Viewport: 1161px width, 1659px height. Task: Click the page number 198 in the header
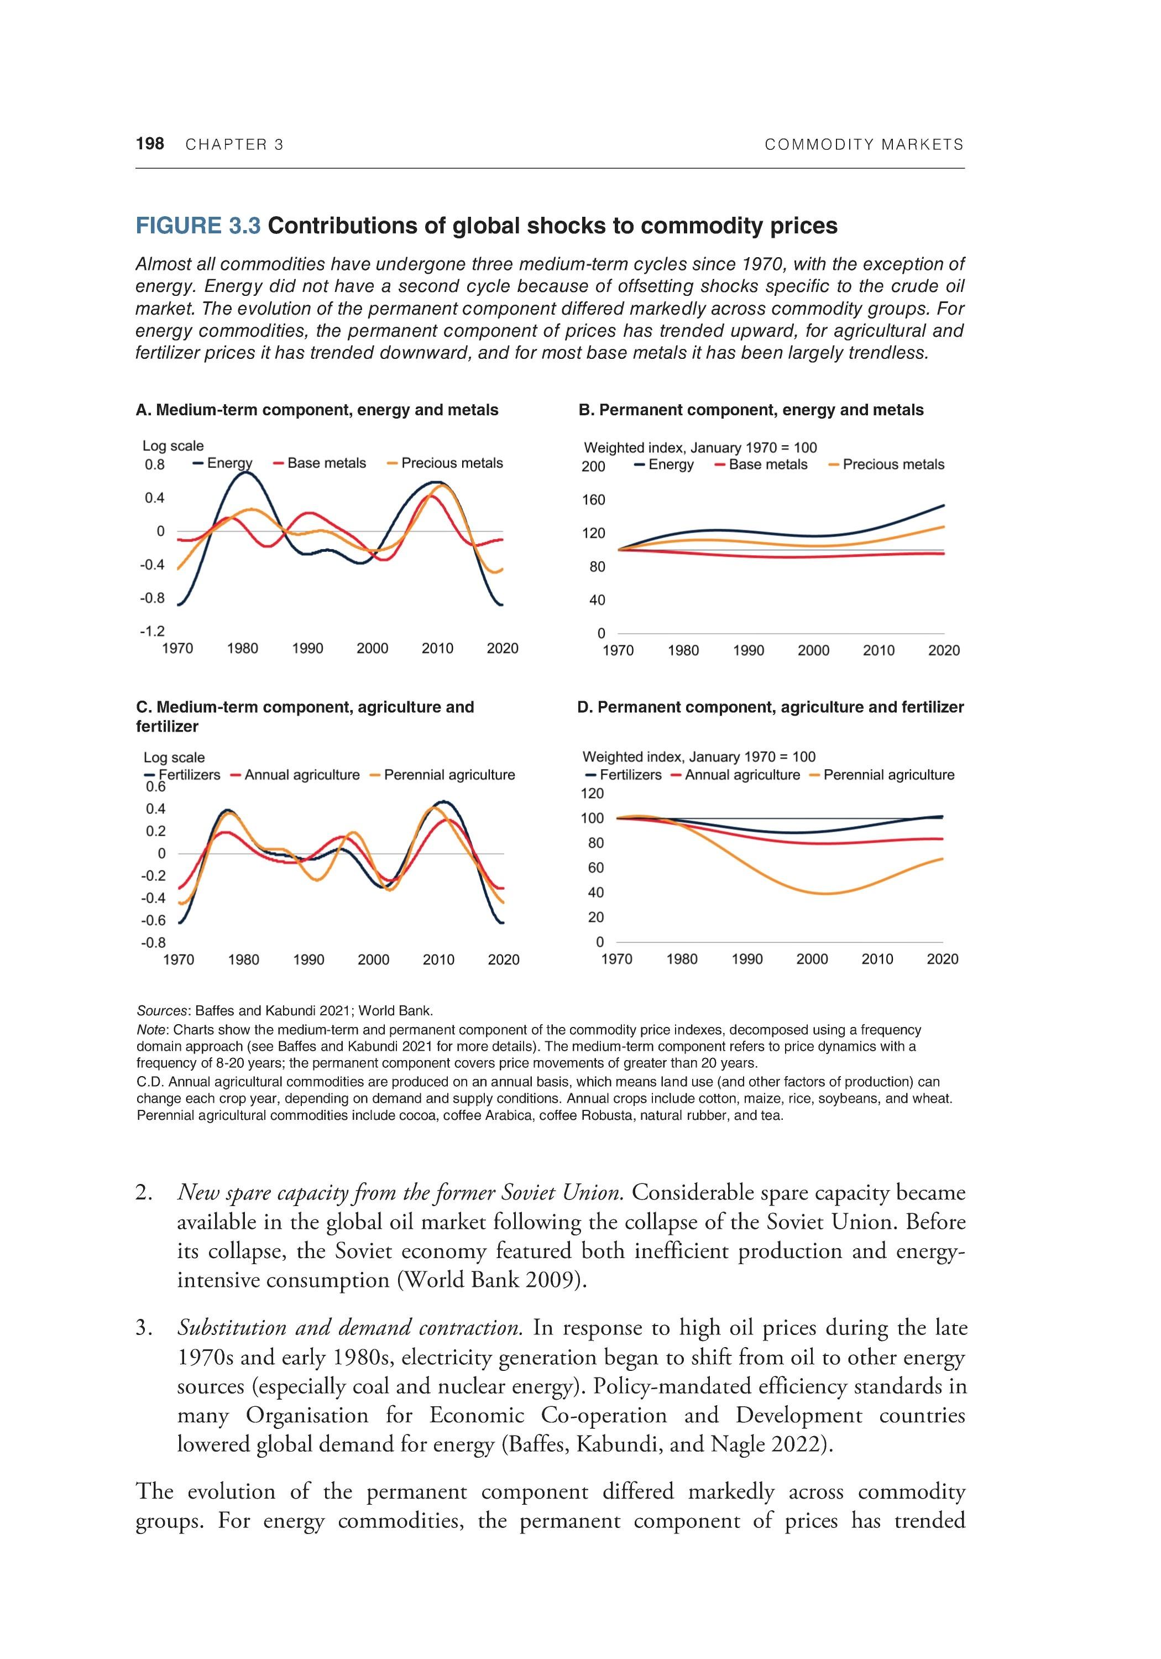(150, 144)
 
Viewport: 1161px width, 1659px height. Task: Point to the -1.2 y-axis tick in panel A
(153, 632)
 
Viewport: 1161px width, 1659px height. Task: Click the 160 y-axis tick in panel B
(594, 500)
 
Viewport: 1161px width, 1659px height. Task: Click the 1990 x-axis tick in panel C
(308, 959)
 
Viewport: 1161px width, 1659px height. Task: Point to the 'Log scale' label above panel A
(174, 446)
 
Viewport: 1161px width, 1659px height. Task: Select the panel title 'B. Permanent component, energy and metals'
(751, 410)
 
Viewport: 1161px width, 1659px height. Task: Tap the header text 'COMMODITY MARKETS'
(864, 144)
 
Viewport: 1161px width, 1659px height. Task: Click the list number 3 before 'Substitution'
(143, 1328)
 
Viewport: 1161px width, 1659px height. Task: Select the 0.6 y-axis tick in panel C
(155, 787)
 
